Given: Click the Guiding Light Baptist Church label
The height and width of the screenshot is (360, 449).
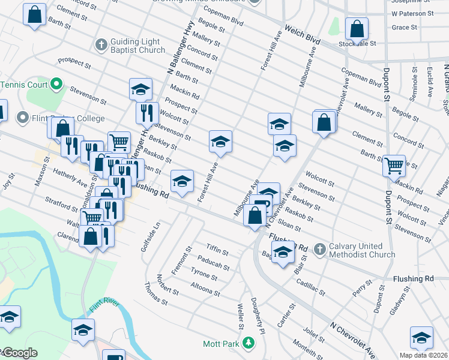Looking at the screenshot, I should coord(137,46).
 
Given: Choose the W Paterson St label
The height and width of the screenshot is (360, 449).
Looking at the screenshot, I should coord(412,13).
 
